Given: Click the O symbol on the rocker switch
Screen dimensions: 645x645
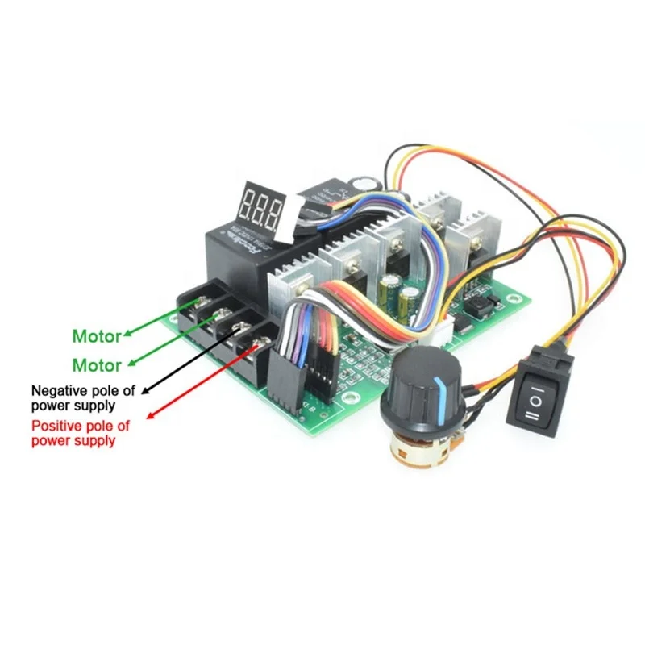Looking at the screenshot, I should [534, 397].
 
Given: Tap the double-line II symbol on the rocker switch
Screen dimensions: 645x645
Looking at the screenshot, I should [533, 414].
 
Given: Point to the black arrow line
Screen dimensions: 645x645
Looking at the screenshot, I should [193, 358].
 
